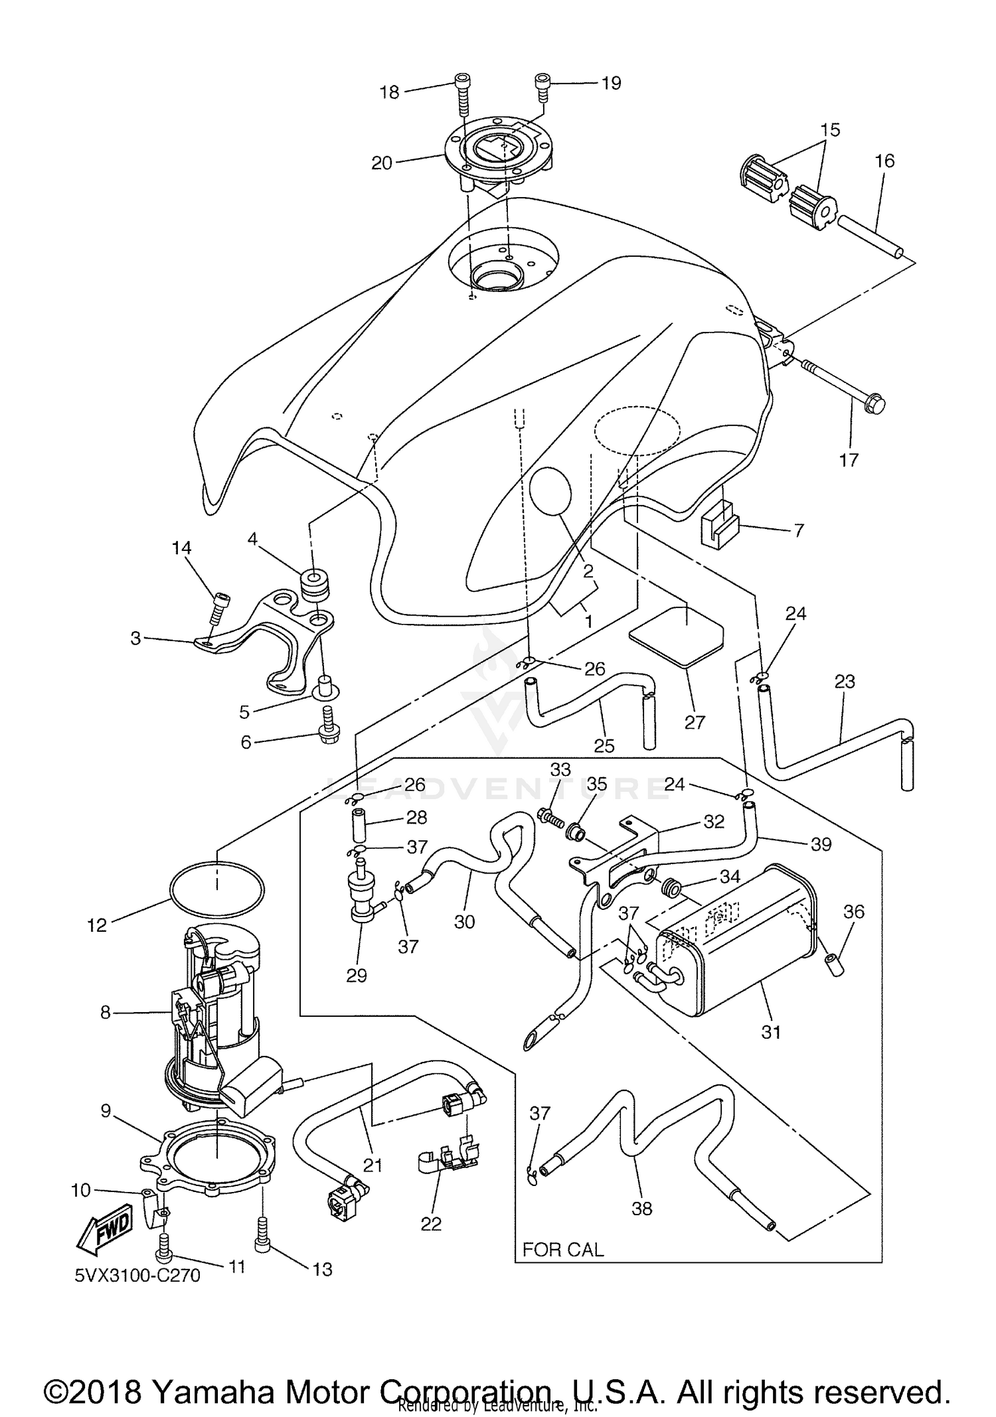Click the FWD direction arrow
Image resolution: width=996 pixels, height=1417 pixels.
106,1232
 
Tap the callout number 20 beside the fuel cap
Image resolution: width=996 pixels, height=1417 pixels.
382,163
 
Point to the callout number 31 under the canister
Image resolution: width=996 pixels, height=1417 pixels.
771,1032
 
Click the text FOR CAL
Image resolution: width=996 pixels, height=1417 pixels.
562,1250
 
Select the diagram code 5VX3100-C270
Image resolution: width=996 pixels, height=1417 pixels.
137,1276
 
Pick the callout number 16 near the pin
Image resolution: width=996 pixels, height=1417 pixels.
884,161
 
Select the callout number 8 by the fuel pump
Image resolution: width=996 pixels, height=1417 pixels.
105,1013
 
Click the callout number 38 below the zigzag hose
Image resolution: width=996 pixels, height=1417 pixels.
641,1209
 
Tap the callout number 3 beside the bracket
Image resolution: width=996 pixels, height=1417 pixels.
135,638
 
